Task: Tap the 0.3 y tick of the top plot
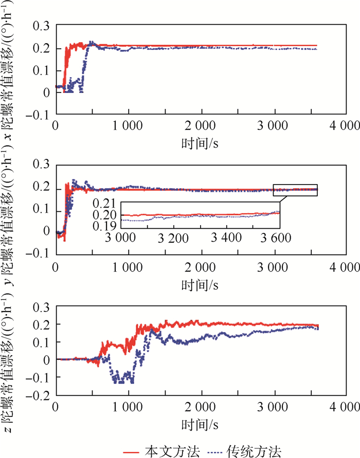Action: (42, 26)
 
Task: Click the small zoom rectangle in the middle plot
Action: (295, 190)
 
